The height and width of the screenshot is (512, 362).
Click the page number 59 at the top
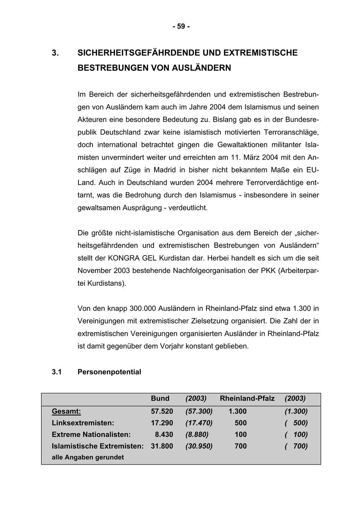[x=181, y=27]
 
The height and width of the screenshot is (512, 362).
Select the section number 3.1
[x=57, y=372]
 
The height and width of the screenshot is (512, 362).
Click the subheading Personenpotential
[x=109, y=372]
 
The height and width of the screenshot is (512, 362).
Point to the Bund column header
[x=160, y=399]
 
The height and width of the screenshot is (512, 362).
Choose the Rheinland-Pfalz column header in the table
[x=247, y=399]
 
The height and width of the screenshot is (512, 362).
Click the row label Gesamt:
[x=66, y=411]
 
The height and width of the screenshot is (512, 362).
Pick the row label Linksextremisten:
[x=83, y=423]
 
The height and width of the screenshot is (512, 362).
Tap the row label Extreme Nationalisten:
[x=91, y=435]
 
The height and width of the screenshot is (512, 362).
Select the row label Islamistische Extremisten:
[x=98, y=446]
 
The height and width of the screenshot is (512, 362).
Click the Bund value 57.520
[x=162, y=411]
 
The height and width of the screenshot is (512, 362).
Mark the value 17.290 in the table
[x=162, y=423]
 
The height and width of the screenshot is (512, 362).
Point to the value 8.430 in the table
[x=164, y=435]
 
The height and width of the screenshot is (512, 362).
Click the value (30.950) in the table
[x=199, y=446]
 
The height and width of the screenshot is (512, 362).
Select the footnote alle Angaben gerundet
[x=88, y=457]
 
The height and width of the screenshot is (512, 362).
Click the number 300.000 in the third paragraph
[x=143, y=308]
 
